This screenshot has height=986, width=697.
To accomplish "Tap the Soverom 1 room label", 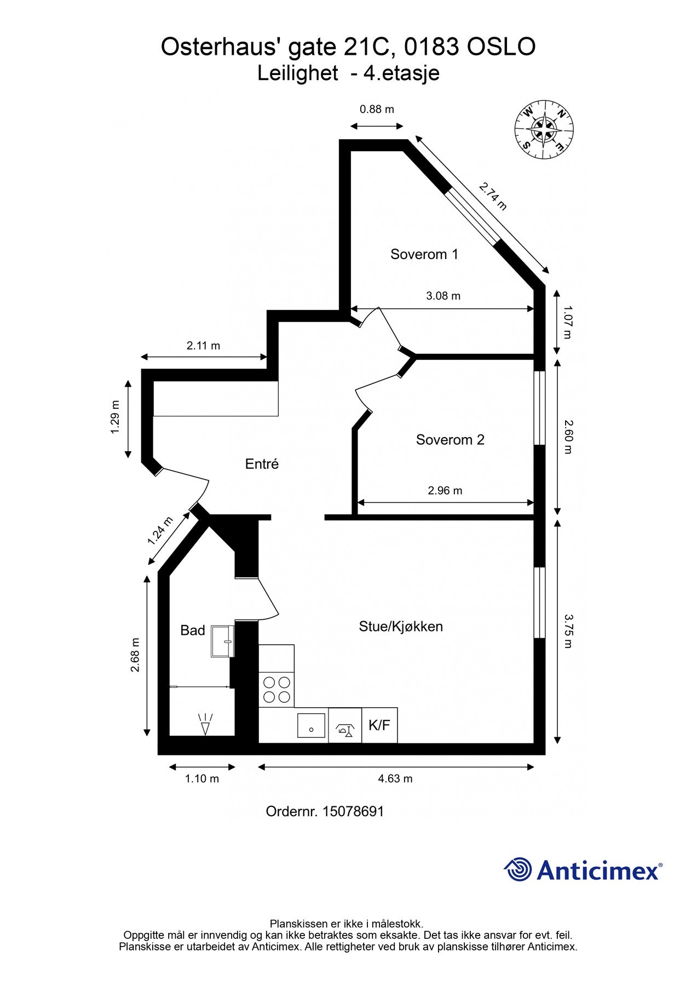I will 424,254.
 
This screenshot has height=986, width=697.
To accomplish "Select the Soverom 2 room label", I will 450,440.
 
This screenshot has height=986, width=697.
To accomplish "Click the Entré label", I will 262,464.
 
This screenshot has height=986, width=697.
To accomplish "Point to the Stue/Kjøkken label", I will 401,627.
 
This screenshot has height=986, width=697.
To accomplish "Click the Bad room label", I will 193,630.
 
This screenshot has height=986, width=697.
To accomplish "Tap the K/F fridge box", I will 379,726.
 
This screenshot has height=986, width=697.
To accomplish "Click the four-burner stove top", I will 277,690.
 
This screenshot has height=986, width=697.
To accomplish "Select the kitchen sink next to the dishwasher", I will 311,726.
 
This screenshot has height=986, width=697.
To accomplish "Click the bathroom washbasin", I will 223,641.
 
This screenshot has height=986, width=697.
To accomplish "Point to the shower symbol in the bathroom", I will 205,724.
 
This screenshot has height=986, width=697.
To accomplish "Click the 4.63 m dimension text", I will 395,779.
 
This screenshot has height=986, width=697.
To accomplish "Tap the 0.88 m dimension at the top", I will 377,109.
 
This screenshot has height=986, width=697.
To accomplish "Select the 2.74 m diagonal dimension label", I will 493,197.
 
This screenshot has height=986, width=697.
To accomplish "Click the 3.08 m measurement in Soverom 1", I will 443,296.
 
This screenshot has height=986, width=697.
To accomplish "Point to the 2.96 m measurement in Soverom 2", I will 445,491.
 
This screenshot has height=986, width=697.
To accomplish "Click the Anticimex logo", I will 583,869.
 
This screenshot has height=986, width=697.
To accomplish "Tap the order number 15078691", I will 325,812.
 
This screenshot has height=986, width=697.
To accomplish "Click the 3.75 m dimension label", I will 568,630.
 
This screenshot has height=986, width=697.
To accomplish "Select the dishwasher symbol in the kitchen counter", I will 345,726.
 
